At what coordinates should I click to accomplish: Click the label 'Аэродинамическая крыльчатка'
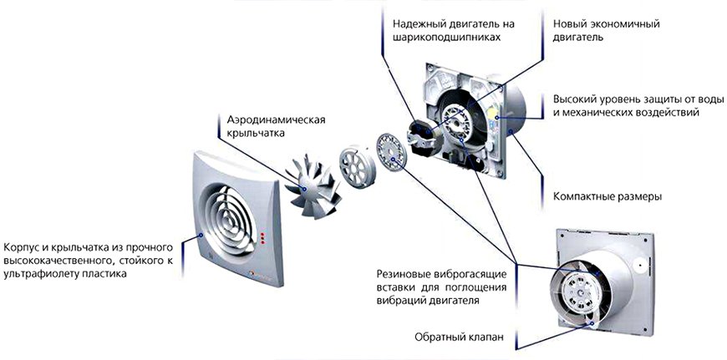(276, 127)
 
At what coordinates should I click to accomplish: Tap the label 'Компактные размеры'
(608, 196)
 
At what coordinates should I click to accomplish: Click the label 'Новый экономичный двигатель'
(607, 31)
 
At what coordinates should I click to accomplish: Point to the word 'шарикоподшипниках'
(446, 38)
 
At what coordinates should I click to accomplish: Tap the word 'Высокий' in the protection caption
(574, 99)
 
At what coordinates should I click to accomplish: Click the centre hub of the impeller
(305, 189)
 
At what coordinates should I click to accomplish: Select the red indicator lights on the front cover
(263, 238)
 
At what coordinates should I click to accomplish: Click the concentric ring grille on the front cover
(230, 218)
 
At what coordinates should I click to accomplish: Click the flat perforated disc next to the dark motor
(391, 154)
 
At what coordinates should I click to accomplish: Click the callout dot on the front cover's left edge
(201, 236)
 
